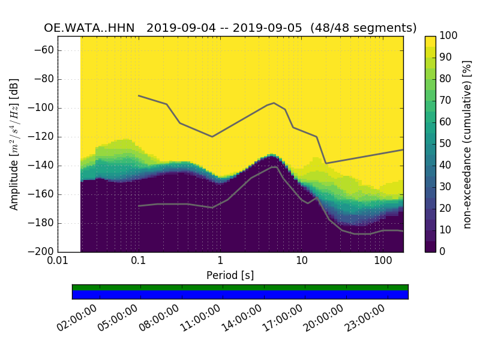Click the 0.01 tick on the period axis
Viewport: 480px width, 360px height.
(x=58, y=262)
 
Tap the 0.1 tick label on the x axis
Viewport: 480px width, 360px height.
(x=139, y=262)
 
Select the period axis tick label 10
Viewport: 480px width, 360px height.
(x=302, y=262)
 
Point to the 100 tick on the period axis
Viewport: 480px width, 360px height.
(x=383, y=262)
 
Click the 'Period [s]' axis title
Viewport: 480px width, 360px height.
(x=230, y=275)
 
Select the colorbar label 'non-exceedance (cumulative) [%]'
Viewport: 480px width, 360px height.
(x=467, y=144)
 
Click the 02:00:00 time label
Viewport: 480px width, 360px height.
(x=77, y=319)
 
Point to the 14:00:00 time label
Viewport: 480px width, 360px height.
(x=241, y=319)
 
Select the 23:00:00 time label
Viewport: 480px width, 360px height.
(x=364, y=319)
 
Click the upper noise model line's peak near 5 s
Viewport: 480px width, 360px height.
(x=274, y=103)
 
